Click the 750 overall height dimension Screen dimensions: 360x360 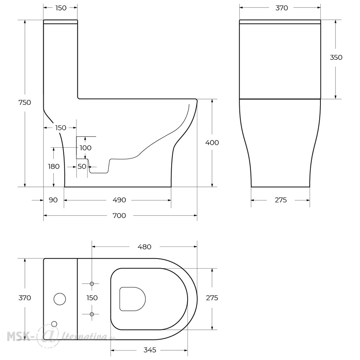click(x=24, y=102)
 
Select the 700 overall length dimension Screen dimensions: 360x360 click(x=120, y=216)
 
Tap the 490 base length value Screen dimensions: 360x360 click(x=120, y=200)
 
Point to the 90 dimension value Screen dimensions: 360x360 click(x=53, y=200)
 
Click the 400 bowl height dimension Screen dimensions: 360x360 click(x=212, y=143)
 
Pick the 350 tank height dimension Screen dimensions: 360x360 click(x=336, y=57)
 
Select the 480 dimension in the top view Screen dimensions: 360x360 click(x=144, y=247)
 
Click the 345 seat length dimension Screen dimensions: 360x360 click(x=150, y=350)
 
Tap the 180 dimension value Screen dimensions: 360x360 click(x=54, y=166)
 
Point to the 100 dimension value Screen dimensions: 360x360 click(x=85, y=148)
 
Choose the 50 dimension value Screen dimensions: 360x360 click(x=82, y=166)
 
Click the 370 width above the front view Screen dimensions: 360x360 click(x=282, y=8)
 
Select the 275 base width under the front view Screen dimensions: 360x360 click(x=281, y=200)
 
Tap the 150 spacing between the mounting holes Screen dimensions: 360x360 click(x=92, y=298)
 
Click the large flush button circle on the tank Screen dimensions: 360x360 click(x=60, y=299)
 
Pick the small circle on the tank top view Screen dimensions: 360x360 click(x=54, y=324)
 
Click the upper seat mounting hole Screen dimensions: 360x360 click(x=92, y=284)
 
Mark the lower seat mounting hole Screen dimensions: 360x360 click(x=92, y=314)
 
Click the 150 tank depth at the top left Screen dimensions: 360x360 click(x=61, y=8)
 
